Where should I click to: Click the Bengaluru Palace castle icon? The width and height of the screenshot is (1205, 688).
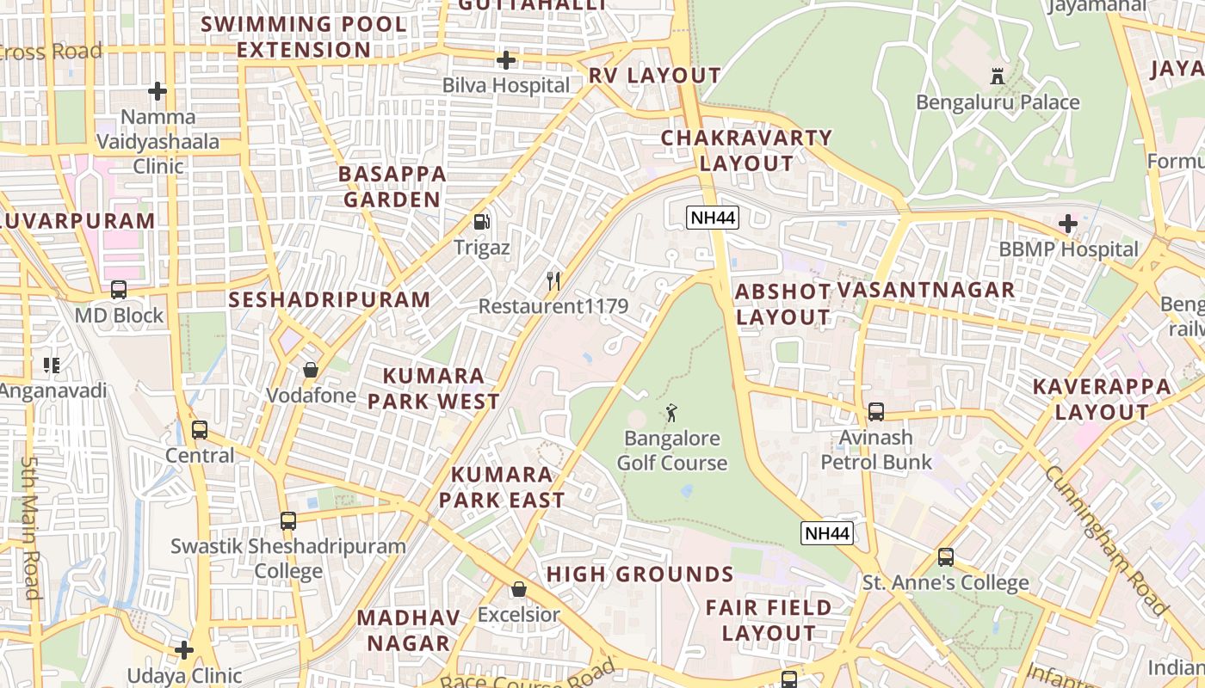tap(998, 76)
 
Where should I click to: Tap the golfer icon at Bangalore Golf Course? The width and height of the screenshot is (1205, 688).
tap(671, 413)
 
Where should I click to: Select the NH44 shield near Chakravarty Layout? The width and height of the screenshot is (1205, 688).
tap(713, 218)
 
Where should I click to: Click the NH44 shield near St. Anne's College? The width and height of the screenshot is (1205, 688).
tap(827, 533)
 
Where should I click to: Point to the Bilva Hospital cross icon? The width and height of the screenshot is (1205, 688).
tap(506, 60)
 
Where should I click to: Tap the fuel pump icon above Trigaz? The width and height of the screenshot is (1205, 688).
tap(482, 222)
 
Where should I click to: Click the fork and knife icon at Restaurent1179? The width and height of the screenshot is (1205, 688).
tap(553, 280)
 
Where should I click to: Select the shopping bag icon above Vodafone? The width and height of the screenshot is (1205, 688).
tap(310, 370)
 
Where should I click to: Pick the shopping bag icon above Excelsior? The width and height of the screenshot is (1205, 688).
tap(518, 589)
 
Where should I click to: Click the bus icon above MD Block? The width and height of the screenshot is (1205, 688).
tap(119, 290)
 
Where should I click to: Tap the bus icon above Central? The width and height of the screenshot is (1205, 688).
tap(199, 429)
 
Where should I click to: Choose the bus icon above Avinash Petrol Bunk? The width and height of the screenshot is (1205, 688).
tap(875, 412)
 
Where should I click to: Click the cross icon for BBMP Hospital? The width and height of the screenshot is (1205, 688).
tap(1067, 224)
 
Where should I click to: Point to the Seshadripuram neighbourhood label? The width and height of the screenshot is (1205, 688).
tap(329, 299)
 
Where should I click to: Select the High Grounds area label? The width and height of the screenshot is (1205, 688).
tap(640, 574)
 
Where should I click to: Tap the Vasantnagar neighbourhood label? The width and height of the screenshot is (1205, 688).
tap(926, 290)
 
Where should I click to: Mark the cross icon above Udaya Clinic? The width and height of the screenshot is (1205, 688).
tap(183, 650)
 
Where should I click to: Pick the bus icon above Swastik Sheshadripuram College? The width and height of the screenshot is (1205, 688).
tap(287, 520)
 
